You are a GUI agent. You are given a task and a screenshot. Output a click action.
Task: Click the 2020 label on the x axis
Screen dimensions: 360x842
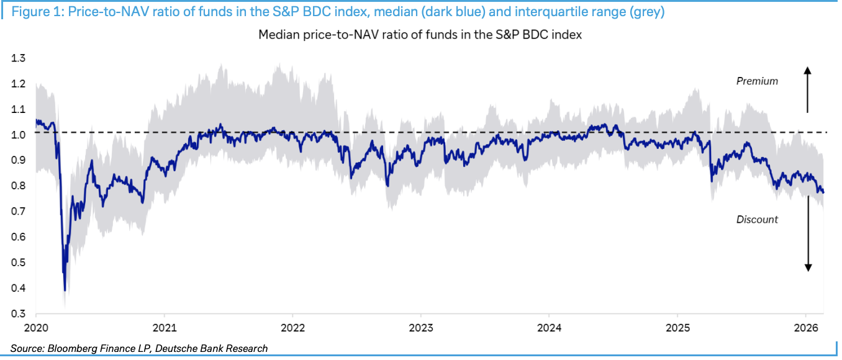click(x=36, y=327)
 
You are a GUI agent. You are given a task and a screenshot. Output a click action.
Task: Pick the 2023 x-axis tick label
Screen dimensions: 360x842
click(x=421, y=327)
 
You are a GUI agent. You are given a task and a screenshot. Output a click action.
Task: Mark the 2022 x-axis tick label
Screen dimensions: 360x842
click(x=292, y=327)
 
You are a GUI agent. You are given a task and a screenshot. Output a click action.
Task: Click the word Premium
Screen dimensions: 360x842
click(x=757, y=81)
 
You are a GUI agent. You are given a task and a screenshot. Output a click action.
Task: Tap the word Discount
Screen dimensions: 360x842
click(x=757, y=219)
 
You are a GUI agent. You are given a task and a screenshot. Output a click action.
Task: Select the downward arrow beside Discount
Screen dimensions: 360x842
click(x=808, y=248)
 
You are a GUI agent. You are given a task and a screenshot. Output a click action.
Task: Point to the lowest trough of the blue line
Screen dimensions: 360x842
click(x=65, y=290)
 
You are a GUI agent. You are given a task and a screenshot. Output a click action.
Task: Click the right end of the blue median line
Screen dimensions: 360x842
click(x=823, y=192)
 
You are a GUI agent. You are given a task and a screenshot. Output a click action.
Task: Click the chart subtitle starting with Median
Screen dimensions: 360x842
click(x=420, y=35)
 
